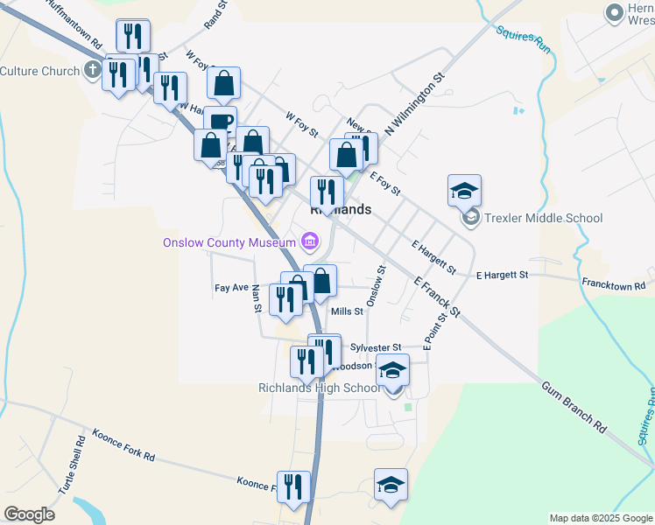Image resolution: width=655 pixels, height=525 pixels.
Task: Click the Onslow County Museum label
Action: [229, 242]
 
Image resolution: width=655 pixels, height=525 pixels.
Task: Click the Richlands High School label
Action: [319, 388]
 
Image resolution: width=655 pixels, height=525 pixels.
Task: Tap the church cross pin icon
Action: [94, 72]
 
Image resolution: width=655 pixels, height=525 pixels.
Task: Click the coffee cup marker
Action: [221, 122]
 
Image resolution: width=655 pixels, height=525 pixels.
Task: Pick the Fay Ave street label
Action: [232, 287]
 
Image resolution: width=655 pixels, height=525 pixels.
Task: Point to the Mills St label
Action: [347, 311]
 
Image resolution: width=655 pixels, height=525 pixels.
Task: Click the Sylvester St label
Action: [375, 347]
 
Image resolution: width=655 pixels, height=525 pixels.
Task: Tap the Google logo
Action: [29, 514]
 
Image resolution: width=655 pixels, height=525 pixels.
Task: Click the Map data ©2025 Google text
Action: [601, 518]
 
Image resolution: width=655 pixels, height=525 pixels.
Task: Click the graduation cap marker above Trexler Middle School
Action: [464, 190]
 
